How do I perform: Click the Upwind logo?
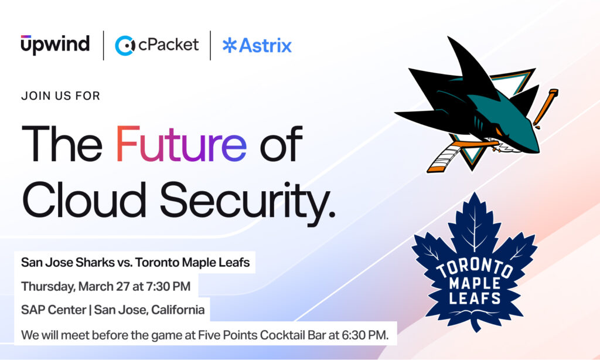click(55, 45)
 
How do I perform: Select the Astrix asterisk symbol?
click(229, 46)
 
